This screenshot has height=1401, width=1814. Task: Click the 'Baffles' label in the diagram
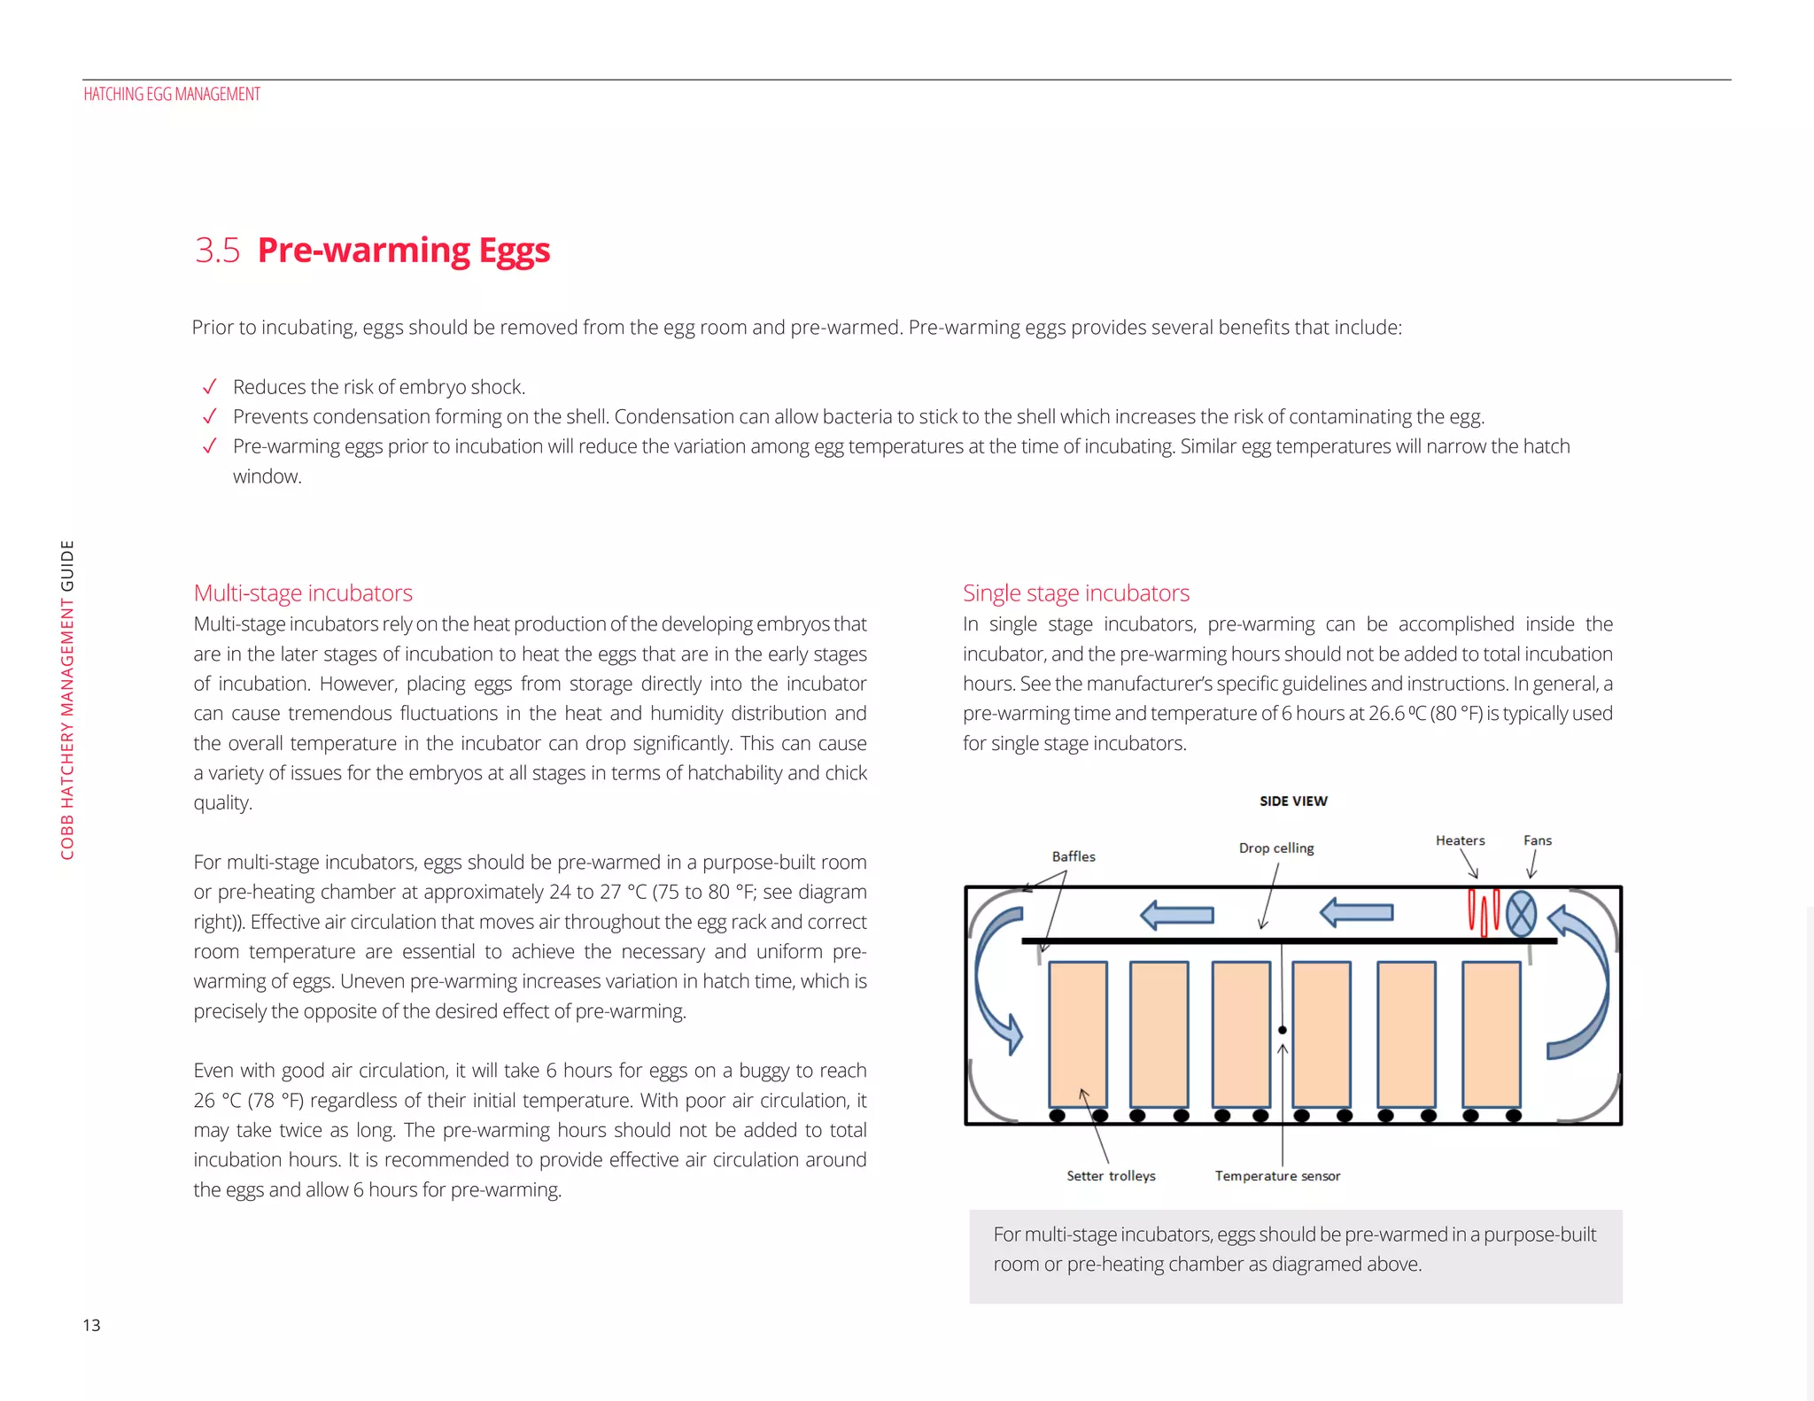pos(1073,856)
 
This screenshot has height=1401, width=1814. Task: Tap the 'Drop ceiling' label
pos(1275,848)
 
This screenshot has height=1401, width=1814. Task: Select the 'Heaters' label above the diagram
pos(1460,840)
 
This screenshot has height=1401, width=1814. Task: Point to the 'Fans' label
pos(1537,840)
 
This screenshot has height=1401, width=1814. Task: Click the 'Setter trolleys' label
pos(1111,1176)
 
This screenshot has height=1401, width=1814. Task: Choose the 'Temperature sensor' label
pos(1277,1176)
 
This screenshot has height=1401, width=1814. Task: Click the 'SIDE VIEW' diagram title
pos(1293,801)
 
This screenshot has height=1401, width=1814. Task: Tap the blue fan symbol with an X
pos(1521,914)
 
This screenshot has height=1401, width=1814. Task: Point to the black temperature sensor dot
pos(1282,1030)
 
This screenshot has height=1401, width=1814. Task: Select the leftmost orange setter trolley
pos(1078,1033)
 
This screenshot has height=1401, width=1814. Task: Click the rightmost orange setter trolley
pos(1491,1033)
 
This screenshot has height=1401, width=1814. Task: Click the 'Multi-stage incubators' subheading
pos(303,593)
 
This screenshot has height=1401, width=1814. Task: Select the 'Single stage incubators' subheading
pos(1075,593)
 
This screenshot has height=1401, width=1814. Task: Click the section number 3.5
pos(217,251)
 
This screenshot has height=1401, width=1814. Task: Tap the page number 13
pos(91,1326)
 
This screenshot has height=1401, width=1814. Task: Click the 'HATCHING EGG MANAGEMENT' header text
pos(172,94)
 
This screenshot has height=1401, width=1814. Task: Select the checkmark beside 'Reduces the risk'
pos(210,387)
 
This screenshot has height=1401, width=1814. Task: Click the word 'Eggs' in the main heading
pos(514,252)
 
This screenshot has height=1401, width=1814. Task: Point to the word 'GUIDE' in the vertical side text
pos(67,565)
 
